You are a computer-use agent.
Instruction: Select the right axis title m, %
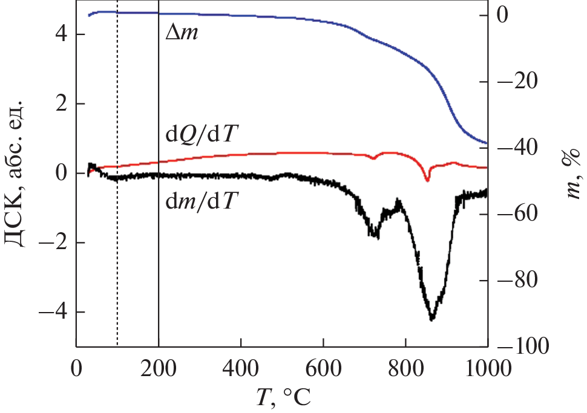point(568,175)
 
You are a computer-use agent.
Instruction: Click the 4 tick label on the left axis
point(61,34)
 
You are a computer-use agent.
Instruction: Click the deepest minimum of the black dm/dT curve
point(431,319)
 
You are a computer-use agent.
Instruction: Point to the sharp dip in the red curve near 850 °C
point(427,180)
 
